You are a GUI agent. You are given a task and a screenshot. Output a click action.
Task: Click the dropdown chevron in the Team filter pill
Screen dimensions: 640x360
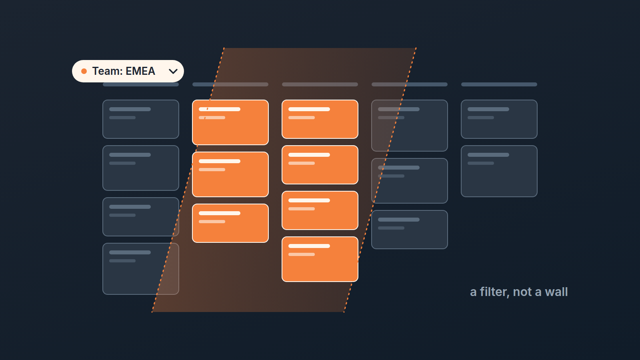coord(173,72)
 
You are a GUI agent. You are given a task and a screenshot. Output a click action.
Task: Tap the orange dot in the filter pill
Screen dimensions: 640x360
coord(84,71)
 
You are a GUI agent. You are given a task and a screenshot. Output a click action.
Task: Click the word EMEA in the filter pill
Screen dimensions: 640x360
coord(140,71)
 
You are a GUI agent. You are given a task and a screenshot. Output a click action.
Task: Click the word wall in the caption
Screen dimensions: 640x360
coord(556,292)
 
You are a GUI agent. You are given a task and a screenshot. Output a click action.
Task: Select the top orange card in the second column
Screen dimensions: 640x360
coord(230,122)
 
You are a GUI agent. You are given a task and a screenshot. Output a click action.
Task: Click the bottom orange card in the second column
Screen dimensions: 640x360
coord(230,223)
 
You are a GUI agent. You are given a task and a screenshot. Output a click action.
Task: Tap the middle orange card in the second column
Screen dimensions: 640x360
coord(230,174)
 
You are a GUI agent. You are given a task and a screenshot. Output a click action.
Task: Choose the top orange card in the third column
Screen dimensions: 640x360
coord(320,119)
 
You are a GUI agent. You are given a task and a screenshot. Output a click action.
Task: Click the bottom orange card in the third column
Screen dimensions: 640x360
coord(320,259)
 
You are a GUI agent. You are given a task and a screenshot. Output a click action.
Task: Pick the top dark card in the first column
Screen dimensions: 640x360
coord(141,119)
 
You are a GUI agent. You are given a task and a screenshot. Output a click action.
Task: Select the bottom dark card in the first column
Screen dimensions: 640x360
coord(141,269)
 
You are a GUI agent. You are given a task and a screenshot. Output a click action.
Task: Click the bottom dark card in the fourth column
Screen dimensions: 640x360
coord(410,230)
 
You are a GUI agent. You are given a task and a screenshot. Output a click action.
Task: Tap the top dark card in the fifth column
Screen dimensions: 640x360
coord(499,119)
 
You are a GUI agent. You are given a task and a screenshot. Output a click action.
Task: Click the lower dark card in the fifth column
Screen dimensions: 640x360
coord(499,171)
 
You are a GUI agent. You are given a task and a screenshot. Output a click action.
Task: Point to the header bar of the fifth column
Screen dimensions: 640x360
coord(499,84)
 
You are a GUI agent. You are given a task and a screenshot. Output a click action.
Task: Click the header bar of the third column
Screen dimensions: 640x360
coord(320,84)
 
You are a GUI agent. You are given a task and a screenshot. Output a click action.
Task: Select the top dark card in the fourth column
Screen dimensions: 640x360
coord(410,126)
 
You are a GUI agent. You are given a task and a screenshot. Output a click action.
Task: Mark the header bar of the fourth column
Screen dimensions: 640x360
coord(410,84)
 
